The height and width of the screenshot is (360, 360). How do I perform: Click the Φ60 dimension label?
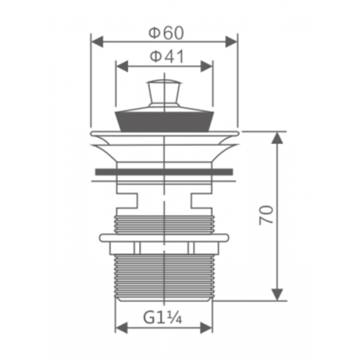click(x=166, y=33)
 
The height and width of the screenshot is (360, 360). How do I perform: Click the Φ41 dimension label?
click(x=167, y=57)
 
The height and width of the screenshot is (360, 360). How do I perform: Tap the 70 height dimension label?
click(x=266, y=215)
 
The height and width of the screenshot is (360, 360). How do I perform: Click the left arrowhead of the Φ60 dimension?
click(x=97, y=42)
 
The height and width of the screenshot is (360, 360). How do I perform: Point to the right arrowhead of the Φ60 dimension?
click(x=231, y=42)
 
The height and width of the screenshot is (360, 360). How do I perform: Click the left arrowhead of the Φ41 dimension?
click(x=122, y=66)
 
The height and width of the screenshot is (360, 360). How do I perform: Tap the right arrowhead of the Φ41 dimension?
click(x=206, y=66)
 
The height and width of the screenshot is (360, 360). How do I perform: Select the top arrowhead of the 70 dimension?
click(x=277, y=138)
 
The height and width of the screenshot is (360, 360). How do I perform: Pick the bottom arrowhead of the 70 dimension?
click(x=277, y=294)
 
